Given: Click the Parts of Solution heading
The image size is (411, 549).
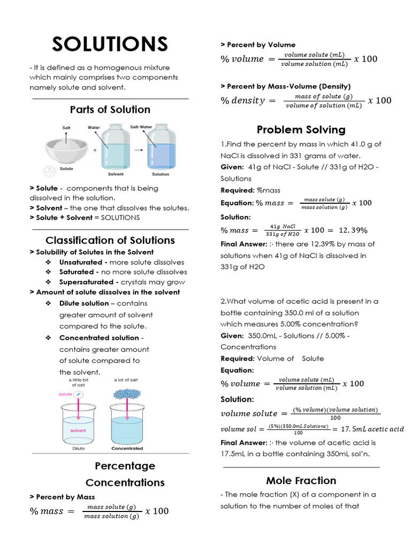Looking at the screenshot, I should [110, 109].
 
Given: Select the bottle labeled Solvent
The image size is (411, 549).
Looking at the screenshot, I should [115, 145].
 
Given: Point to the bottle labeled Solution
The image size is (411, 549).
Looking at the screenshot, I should [161, 145].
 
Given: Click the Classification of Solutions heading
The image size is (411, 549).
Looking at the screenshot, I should [110, 240].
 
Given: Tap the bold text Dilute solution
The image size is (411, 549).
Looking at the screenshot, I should [84, 303].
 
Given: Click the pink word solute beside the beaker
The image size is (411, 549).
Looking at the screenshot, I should [65, 394].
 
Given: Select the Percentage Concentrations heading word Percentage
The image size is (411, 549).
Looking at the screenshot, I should [125, 465].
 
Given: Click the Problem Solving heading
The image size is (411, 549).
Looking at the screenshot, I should [301, 130].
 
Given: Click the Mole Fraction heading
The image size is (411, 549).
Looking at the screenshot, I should [301, 480].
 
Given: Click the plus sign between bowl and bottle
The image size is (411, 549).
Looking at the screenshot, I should [95, 151].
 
